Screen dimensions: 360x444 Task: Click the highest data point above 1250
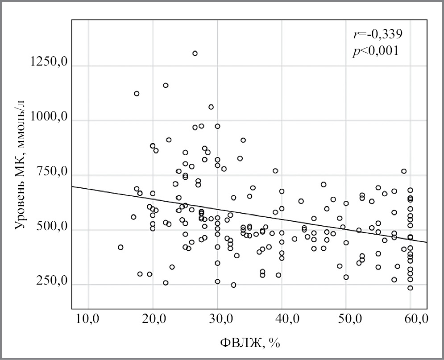pyautogui.click(x=195, y=54)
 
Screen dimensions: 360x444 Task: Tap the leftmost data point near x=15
pyautogui.click(x=120, y=247)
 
